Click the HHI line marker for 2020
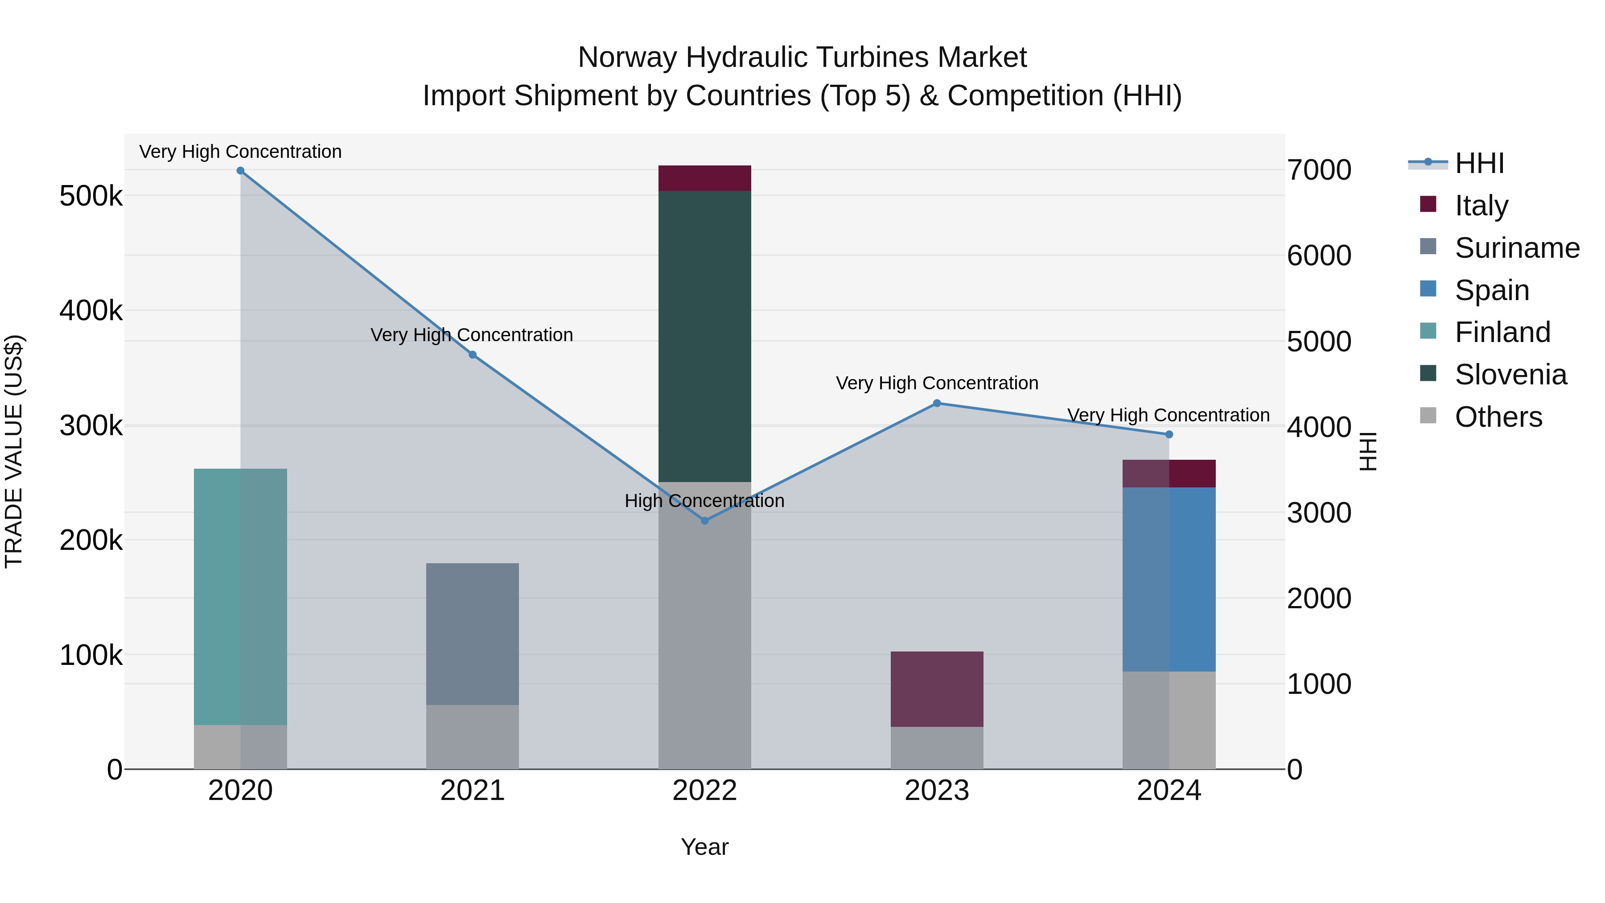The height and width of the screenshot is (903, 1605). (240, 171)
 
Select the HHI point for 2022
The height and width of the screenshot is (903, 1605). (705, 520)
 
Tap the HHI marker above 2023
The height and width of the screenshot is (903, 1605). (936, 403)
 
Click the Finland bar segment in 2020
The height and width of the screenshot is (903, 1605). (240, 596)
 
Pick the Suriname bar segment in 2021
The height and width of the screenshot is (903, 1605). (472, 634)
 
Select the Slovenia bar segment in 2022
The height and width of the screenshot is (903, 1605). (705, 337)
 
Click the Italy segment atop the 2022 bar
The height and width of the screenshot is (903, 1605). (705, 178)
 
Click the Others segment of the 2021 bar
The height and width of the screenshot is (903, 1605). (472, 737)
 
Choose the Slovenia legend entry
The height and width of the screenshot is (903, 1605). (1510, 375)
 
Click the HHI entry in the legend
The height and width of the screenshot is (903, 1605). (1479, 163)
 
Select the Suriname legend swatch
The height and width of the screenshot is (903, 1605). (1428, 247)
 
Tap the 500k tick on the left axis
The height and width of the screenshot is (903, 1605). (91, 196)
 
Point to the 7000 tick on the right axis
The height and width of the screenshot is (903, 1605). (1319, 170)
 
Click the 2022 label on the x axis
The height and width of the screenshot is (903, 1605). (705, 791)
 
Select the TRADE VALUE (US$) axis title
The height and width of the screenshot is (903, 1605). (14, 452)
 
